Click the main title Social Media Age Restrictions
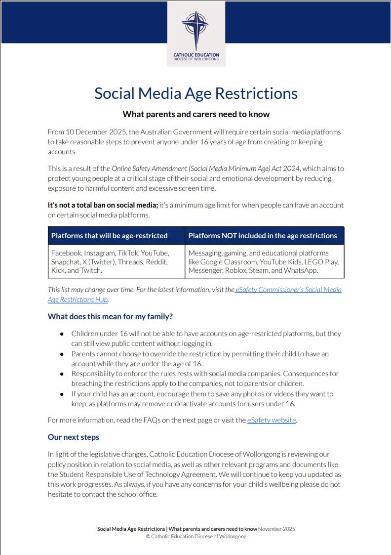[196, 93]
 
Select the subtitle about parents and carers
[196, 114]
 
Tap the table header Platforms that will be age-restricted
[110, 236]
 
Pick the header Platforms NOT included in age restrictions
[263, 236]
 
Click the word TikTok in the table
[128, 253]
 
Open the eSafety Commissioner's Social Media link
[288, 290]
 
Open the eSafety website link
[272, 420]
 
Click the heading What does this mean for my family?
[110, 316]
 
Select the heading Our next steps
[74, 437]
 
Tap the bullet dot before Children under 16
[62, 334]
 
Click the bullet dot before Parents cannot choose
[62, 354]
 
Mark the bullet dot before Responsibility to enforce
[62, 374]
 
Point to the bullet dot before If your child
[62, 394]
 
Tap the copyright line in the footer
[196, 536]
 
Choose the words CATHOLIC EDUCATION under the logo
[196, 55]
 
